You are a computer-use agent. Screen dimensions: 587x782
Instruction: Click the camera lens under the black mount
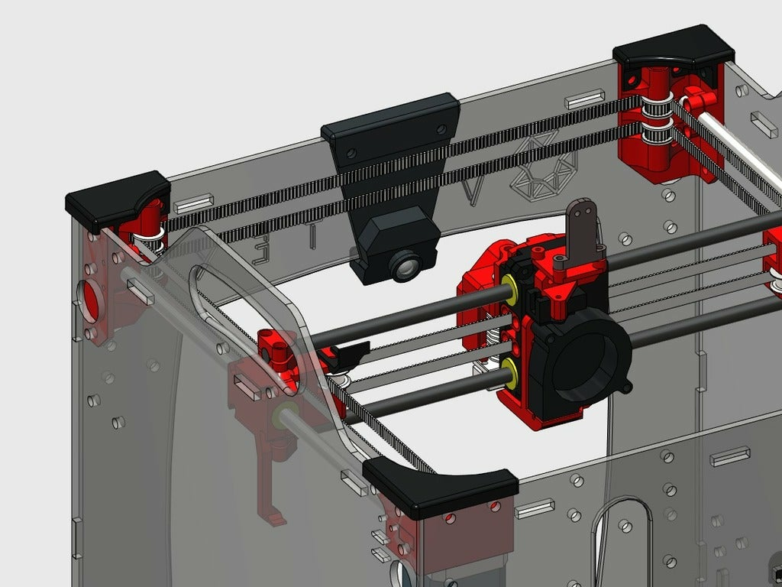[406, 265]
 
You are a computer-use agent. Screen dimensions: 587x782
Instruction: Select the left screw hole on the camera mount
[351, 154]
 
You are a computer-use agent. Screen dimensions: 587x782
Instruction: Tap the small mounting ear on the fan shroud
[625, 388]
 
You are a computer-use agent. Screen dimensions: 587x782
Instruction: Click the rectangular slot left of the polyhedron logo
[585, 100]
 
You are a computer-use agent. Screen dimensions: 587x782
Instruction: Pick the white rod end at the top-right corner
[696, 99]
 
